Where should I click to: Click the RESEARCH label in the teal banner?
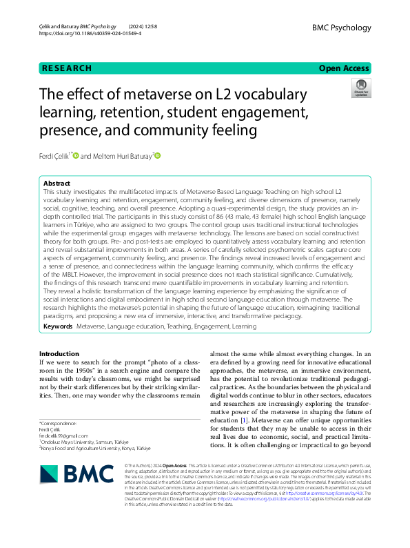(67, 68)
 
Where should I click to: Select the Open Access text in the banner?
(344, 68)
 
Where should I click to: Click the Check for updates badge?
(360, 88)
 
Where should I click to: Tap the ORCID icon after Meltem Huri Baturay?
(157, 156)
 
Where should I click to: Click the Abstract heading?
(57, 184)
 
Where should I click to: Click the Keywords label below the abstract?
(58, 324)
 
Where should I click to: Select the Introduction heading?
(59, 353)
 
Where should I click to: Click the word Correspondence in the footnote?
(58, 422)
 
